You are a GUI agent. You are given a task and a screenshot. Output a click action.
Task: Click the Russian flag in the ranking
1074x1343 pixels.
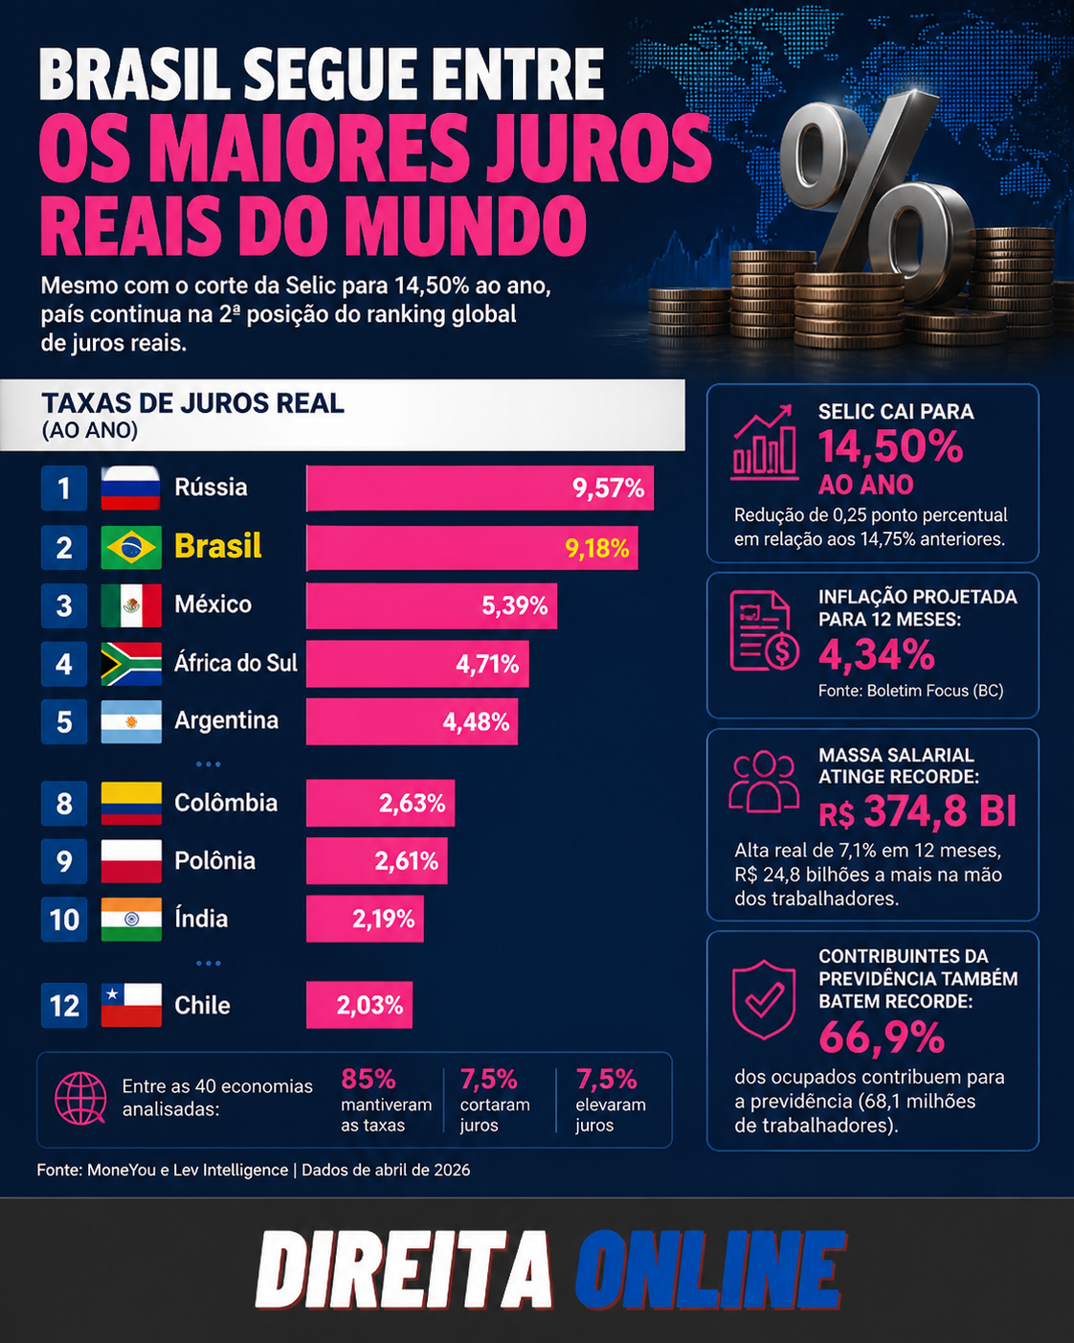(131, 488)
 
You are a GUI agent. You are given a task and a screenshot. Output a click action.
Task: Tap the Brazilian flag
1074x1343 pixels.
(131, 547)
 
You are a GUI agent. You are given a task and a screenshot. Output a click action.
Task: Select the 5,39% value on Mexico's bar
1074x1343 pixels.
(515, 605)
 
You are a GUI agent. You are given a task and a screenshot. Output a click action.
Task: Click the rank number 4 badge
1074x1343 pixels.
(63, 664)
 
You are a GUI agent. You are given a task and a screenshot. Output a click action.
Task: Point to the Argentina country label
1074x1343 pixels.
(227, 720)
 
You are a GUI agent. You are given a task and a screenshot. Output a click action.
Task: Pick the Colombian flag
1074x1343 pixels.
(131, 803)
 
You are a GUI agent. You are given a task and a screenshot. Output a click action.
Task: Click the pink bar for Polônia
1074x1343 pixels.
(377, 861)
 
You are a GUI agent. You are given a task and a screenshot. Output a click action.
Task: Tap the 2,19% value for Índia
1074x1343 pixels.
(384, 919)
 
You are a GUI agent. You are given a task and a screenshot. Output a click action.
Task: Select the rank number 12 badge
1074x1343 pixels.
(63, 1006)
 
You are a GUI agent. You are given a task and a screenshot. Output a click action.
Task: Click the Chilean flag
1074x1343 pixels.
(131, 1006)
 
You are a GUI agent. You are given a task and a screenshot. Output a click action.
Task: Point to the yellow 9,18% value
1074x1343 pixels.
(597, 549)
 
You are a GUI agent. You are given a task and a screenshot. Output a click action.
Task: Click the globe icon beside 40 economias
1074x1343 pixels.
(80, 1099)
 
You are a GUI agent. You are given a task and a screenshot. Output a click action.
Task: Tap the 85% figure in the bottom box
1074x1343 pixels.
(368, 1079)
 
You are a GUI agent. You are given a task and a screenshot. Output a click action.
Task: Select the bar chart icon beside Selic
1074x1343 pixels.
(765, 442)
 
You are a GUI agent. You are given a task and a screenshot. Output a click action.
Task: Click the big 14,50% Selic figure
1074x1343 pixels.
(890, 446)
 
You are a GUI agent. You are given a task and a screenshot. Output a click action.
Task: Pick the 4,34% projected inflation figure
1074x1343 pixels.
(876, 654)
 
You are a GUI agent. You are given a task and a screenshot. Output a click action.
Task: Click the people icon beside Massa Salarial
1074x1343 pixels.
(764, 782)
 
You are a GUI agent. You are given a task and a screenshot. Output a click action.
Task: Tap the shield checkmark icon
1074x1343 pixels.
(764, 1000)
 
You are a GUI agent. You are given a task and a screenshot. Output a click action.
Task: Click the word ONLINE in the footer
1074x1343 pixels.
(709, 1269)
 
